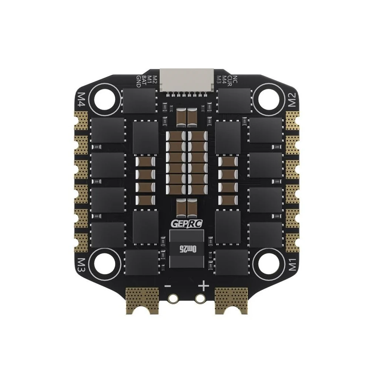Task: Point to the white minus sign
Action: pyautogui.click(x=168, y=286)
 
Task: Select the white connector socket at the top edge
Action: pyautogui.click(x=185, y=81)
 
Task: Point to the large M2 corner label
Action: pyautogui.click(x=291, y=99)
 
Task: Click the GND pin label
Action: pyautogui.click(x=139, y=81)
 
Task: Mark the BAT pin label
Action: pyautogui.click(x=144, y=81)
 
